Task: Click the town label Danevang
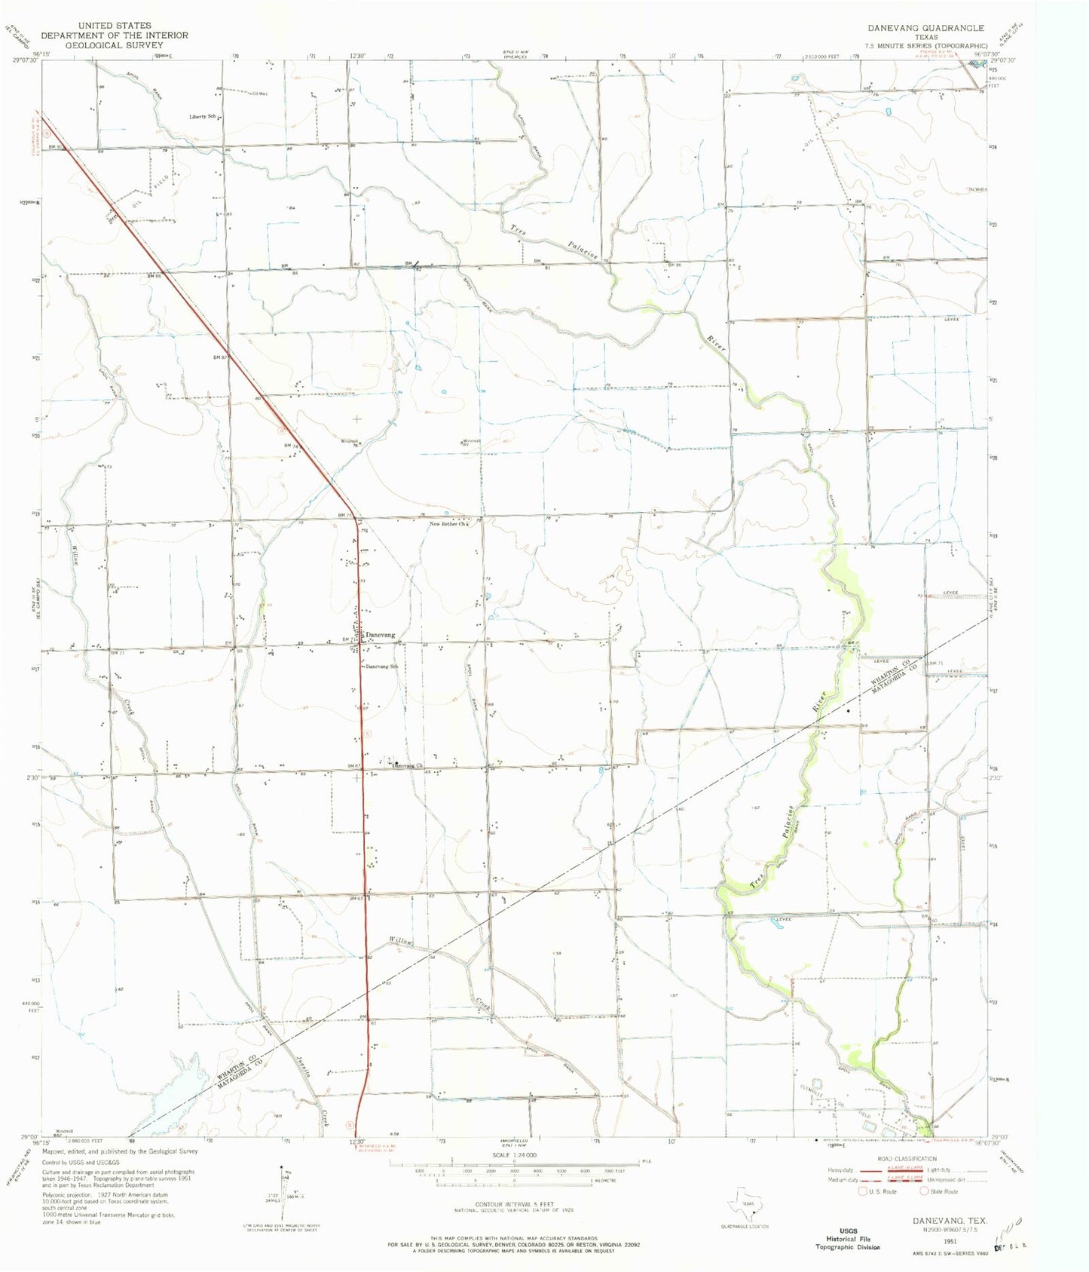381,636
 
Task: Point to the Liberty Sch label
203,117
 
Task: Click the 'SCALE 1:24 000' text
515,1154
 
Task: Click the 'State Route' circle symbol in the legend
924,1191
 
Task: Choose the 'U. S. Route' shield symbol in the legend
863,1191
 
